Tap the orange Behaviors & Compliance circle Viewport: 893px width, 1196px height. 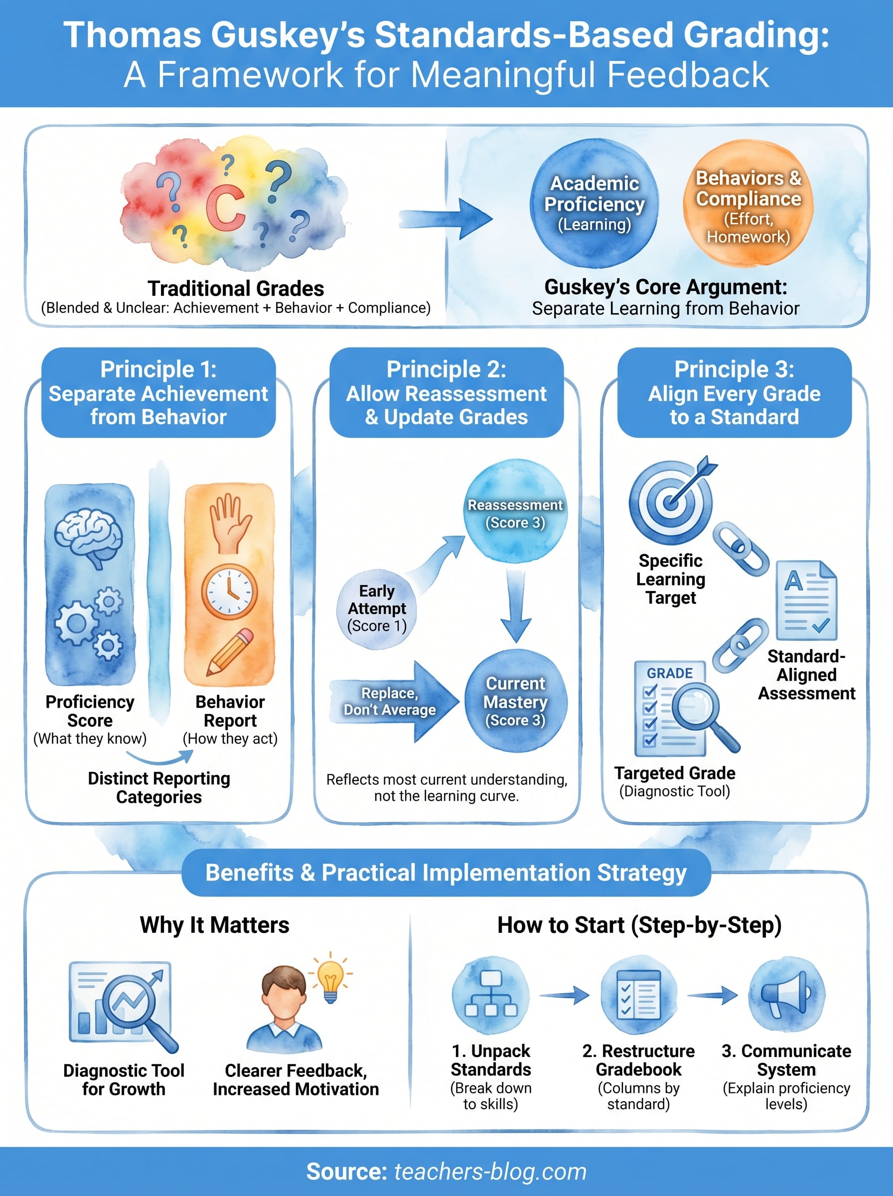pyautogui.click(x=747, y=204)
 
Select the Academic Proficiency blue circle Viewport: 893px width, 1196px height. pyautogui.click(x=594, y=204)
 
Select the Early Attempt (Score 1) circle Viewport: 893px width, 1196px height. pyautogui.click(x=377, y=608)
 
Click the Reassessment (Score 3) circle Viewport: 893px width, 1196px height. pyautogui.click(x=515, y=514)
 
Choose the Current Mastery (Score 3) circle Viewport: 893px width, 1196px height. pyautogui.click(x=516, y=701)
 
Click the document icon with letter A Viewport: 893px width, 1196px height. pyautogui.click(x=806, y=600)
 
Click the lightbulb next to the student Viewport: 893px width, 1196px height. pyautogui.click(x=330, y=980)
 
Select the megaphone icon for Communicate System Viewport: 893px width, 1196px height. pyautogui.click(x=786, y=995)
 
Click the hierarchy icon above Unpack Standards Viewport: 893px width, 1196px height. pyautogui.click(x=490, y=995)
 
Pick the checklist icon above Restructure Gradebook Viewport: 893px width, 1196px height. pyautogui.click(x=638, y=995)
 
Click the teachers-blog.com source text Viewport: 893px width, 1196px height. pyautogui.click(x=490, y=1172)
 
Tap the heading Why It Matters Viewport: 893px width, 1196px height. pyautogui.click(x=215, y=925)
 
